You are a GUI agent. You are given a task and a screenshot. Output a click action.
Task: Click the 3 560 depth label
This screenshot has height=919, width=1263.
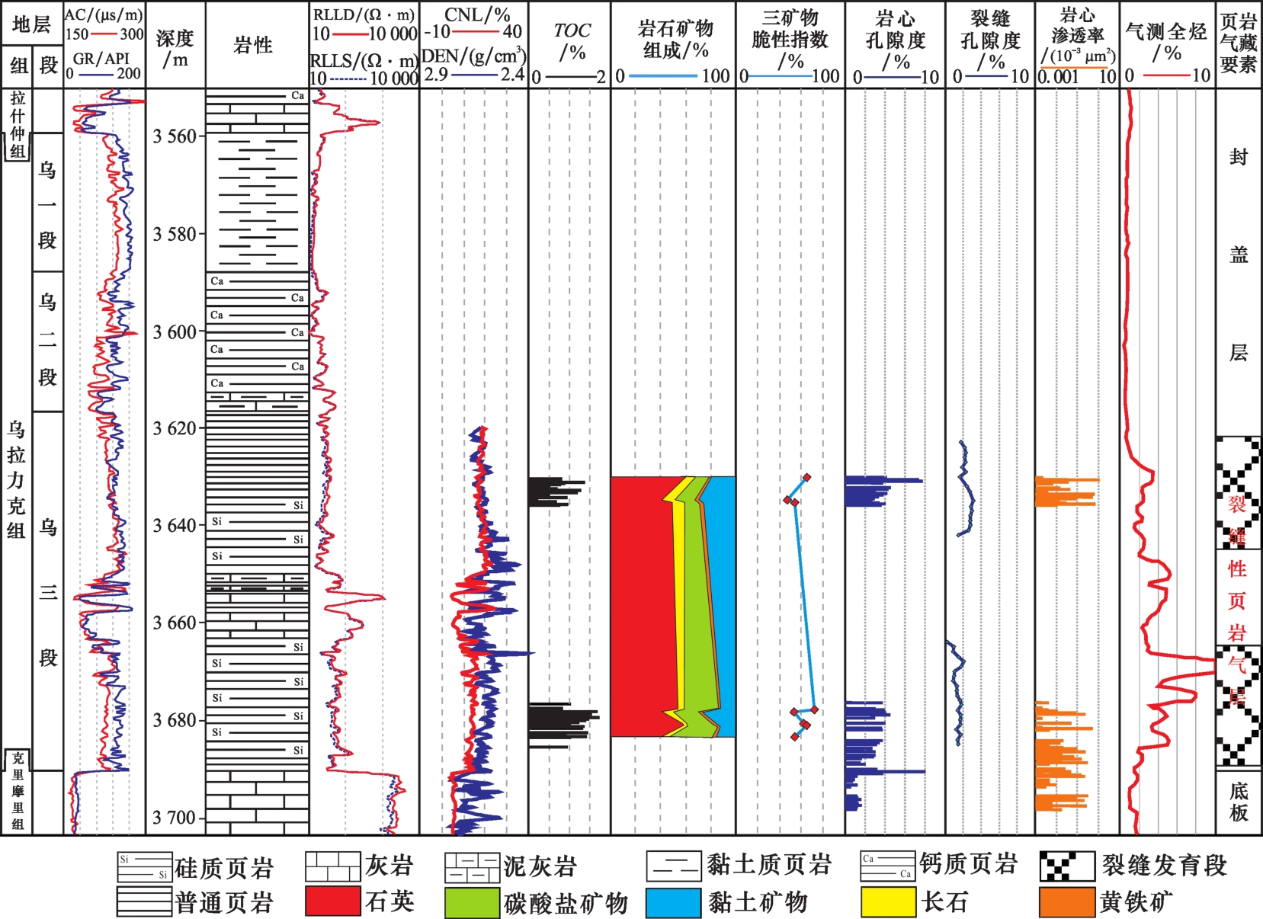(175, 136)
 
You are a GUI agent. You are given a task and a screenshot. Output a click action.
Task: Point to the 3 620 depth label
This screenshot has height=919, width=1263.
(175, 428)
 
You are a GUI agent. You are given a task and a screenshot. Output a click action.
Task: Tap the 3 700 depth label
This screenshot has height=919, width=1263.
(175, 818)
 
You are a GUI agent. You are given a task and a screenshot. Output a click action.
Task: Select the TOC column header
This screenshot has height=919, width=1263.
(571, 41)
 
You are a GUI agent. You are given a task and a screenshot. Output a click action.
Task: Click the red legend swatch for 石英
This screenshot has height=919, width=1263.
(332, 901)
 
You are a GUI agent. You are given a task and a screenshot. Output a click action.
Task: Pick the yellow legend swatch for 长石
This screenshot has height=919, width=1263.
(888, 901)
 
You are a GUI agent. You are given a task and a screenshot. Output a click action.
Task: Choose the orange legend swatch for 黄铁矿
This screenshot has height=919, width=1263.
(1067, 901)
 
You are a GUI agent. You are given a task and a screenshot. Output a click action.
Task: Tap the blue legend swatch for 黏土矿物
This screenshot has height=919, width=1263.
(673, 901)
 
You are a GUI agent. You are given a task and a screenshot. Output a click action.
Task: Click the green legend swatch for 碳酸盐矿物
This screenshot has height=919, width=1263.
(472, 901)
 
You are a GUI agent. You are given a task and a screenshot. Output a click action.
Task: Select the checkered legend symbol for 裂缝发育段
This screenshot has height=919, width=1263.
(1067, 866)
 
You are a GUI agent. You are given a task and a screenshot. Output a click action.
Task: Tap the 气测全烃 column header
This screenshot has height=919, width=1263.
(1166, 41)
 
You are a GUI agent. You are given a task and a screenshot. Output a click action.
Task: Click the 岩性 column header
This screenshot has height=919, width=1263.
(253, 45)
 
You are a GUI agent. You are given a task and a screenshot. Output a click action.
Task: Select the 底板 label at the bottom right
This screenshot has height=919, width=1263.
(1239, 802)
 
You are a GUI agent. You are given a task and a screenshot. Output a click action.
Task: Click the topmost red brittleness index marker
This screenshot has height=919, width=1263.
(806, 478)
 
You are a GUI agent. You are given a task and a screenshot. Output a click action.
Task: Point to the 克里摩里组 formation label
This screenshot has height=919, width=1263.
(18, 791)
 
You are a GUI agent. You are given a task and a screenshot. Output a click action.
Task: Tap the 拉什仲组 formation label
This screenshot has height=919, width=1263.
(18, 123)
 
